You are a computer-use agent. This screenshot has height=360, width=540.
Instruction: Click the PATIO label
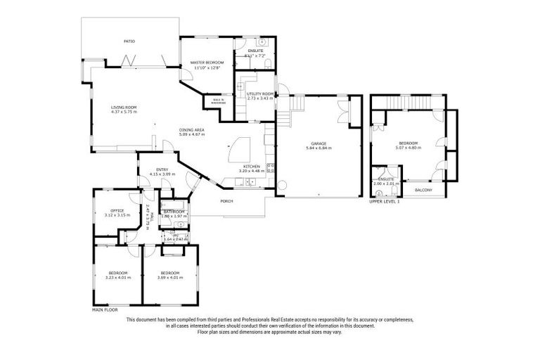coord(129,41)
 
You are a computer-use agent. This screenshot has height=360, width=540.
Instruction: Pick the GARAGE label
coord(319,143)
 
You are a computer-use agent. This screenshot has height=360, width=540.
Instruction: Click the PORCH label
coord(227,202)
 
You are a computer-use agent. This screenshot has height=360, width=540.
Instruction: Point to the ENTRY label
coord(161,169)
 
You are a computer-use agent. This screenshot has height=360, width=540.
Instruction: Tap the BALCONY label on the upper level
coord(423,191)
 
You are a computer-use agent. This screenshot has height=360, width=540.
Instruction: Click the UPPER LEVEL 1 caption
coord(385,202)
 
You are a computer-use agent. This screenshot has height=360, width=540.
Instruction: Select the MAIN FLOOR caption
coord(105,309)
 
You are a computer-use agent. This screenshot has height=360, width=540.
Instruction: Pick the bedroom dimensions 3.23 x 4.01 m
coord(117,277)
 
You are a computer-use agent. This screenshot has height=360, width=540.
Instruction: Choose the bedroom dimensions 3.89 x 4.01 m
coord(170,277)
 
